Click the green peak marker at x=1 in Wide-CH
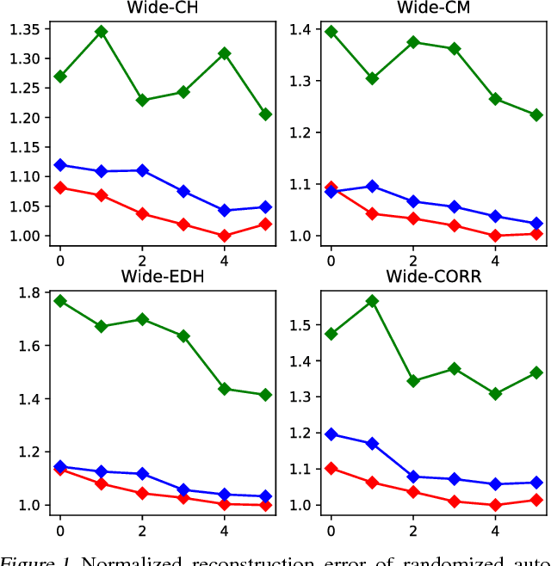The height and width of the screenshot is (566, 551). tap(102, 32)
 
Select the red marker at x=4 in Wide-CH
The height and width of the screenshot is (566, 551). tap(225, 236)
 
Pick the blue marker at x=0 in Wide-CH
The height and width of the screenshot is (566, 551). tap(60, 165)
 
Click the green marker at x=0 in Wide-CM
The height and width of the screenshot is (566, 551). tap(331, 32)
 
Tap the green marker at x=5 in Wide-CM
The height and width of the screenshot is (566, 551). tap(536, 114)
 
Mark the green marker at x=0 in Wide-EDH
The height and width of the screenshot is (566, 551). tap(60, 301)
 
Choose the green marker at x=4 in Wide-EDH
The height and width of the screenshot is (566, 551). tap(225, 389)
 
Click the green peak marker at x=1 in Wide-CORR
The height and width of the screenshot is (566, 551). tap(373, 301)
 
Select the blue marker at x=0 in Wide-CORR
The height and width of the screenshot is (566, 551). tap(331, 434)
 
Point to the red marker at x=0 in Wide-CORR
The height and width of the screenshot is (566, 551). tap(331, 469)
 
